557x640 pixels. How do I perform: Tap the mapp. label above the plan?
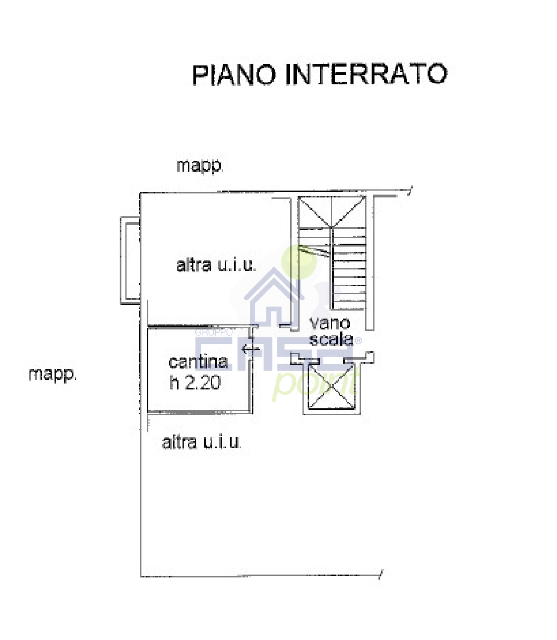click(200, 166)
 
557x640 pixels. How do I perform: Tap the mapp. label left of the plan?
click(52, 374)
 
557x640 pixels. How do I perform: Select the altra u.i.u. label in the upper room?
click(216, 265)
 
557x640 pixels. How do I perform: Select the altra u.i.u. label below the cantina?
click(201, 442)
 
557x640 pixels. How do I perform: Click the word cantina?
click(198, 362)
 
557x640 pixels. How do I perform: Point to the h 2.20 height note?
click(195, 383)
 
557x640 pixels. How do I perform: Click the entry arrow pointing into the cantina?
click(250, 349)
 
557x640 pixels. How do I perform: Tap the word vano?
click(329, 323)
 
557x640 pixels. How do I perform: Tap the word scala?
click(331, 339)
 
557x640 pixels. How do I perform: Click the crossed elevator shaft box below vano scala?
click(331, 386)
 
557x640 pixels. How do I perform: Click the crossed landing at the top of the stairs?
click(332, 212)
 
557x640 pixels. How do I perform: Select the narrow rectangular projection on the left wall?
click(130, 261)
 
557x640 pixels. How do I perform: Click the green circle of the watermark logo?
click(299, 261)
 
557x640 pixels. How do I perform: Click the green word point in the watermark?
click(316, 384)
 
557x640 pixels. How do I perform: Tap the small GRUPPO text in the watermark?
click(214, 332)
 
